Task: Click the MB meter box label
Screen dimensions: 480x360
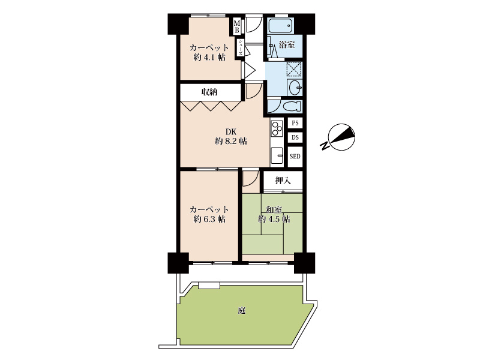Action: point(237,26)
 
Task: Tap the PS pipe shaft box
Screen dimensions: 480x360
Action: point(295,123)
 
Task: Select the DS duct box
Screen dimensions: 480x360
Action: point(295,137)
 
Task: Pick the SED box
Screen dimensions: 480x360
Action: point(295,157)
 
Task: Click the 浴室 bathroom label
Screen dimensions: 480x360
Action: point(287,44)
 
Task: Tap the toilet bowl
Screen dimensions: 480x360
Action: point(292,107)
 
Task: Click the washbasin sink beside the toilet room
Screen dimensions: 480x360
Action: point(295,87)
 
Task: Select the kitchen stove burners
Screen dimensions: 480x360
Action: point(277,128)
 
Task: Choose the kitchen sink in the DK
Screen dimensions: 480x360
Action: point(277,156)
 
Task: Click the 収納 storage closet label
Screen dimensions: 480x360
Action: point(209,92)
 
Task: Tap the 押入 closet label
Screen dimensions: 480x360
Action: point(283,181)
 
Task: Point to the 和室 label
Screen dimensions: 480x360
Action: point(274,210)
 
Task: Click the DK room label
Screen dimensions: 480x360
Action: point(231,132)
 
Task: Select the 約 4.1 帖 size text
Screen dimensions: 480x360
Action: point(209,57)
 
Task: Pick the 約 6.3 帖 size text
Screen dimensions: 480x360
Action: point(209,219)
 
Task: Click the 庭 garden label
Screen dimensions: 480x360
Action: point(242,311)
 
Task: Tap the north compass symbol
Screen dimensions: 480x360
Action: point(341,137)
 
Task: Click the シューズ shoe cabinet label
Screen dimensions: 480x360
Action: point(241,47)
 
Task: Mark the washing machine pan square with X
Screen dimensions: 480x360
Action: point(295,69)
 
